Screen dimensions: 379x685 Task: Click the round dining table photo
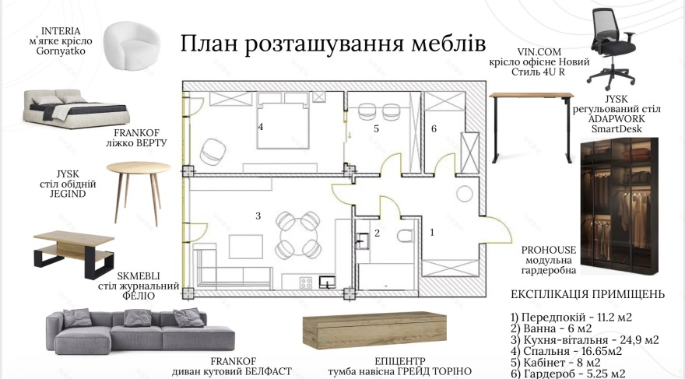(x=139, y=186)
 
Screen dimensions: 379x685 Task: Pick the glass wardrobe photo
(x=620, y=207)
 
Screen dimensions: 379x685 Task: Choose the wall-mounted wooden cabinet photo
(x=375, y=329)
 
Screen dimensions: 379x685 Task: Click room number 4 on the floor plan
(x=261, y=126)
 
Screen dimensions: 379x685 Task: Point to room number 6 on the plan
(x=434, y=128)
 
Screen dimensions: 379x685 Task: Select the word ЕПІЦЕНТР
(x=375, y=362)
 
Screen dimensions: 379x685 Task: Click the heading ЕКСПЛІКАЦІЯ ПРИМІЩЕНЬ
(x=588, y=295)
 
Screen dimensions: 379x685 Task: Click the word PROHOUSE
(x=550, y=249)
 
